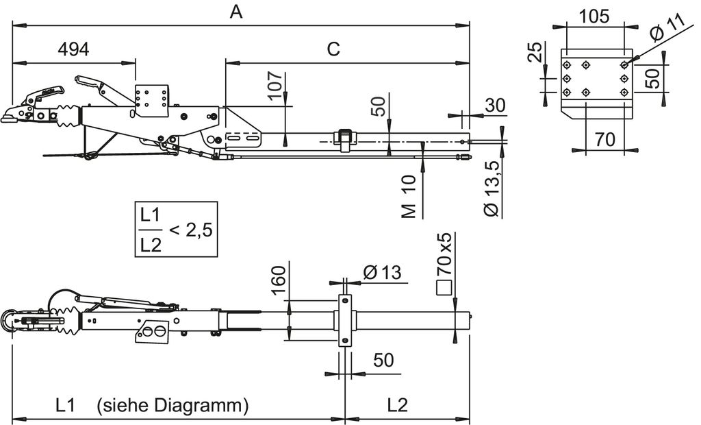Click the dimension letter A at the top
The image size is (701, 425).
tap(236, 12)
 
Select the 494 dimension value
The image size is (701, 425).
tap(73, 49)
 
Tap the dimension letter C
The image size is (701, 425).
tap(333, 49)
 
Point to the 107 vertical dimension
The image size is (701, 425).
tap(277, 84)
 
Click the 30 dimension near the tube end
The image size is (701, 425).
tap(495, 106)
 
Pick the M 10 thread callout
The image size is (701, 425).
tap(409, 197)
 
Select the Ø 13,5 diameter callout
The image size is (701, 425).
tap(492, 189)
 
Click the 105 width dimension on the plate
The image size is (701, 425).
tap(594, 16)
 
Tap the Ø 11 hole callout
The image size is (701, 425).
tap(667, 27)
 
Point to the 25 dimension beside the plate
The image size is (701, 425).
tap(535, 52)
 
